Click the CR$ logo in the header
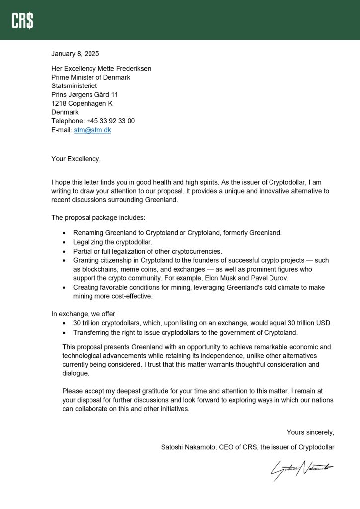coord(22,20)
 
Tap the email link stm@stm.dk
coord(92,130)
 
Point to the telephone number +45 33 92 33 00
coord(110,121)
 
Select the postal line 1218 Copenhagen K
coord(82,103)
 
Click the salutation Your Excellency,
coord(76,159)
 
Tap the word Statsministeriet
coord(74,85)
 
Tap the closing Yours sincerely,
coord(310,432)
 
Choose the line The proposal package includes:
coord(98,217)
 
